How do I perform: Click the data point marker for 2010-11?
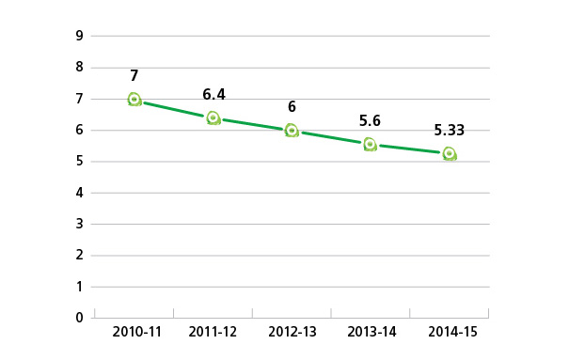pyautogui.click(x=134, y=99)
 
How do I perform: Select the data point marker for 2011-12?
pyautogui.click(x=213, y=118)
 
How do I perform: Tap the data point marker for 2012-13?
pyautogui.click(x=292, y=131)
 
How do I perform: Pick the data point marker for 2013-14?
pyautogui.click(x=371, y=144)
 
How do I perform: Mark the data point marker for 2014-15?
pyautogui.click(x=450, y=153)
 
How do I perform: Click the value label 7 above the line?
pyautogui.click(x=134, y=75)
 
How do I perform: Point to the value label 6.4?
pyautogui.click(x=213, y=94)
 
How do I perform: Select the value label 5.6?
pyautogui.click(x=371, y=120)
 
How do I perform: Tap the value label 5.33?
pyautogui.click(x=450, y=131)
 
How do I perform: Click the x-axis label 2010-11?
pyautogui.click(x=134, y=333)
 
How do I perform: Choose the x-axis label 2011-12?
pyautogui.click(x=213, y=333)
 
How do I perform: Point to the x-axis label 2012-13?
pyautogui.click(x=292, y=333)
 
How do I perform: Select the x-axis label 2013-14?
pyautogui.click(x=371, y=333)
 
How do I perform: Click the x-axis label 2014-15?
pyautogui.click(x=450, y=333)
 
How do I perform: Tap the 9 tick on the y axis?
pyautogui.click(x=80, y=36)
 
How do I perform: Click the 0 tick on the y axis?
pyautogui.click(x=80, y=318)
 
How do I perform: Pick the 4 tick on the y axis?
pyautogui.click(x=80, y=193)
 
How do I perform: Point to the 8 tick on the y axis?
pyautogui.click(x=80, y=68)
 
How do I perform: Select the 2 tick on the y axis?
pyautogui.click(x=80, y=255)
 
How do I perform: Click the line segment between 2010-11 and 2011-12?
pyautogui.click(x=174, y=109)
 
